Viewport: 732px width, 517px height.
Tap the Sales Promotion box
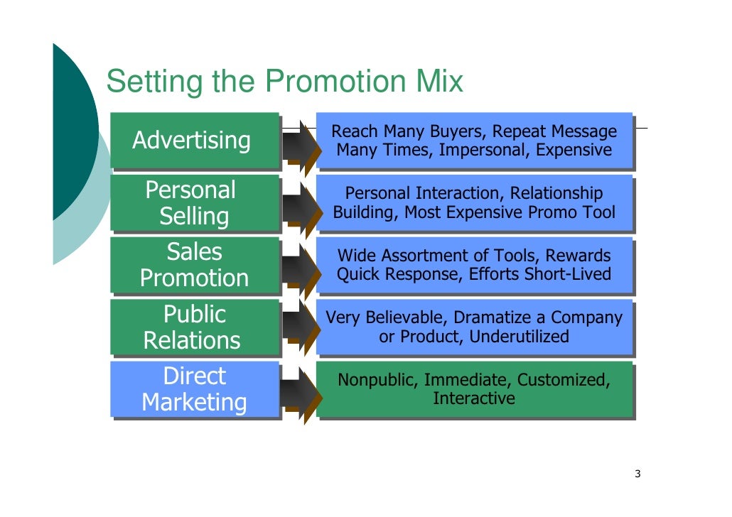coord(194,265)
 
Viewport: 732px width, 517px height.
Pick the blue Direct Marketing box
coord(194,389)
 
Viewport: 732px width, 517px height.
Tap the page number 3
coord(637,474)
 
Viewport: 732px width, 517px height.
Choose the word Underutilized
coord(519,337)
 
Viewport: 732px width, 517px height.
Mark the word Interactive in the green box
coord(474,398)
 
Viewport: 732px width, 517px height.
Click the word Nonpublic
coord(376,380)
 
